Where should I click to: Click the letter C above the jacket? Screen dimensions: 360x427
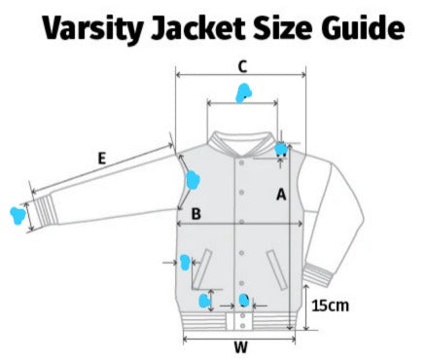coord(242,66)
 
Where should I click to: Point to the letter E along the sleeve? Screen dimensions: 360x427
coord(101,156)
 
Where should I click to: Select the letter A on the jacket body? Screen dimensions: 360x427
coord(282,194)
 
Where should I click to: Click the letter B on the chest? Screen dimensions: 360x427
coord(196,213)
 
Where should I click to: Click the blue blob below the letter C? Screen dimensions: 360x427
coord(244,93)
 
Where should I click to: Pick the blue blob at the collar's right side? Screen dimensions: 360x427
coord(281,149)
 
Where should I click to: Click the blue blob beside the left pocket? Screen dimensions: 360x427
coord(184,261)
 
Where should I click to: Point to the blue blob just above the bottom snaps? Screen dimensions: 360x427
coord(244,300)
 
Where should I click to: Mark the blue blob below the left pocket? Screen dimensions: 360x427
coord(207,298)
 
